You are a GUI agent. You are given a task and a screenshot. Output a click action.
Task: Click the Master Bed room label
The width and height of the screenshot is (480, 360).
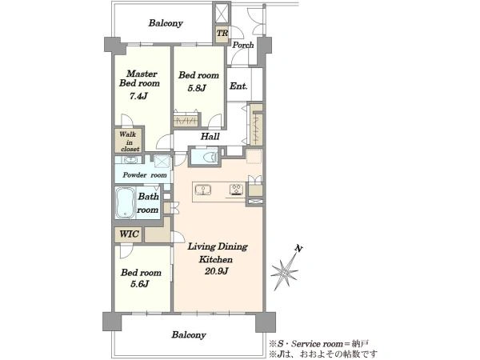point(139,78)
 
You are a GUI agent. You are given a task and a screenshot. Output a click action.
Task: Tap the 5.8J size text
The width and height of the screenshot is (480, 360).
point(197,88)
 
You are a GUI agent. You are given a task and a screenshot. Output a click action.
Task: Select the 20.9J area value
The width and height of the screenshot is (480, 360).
point(217,271)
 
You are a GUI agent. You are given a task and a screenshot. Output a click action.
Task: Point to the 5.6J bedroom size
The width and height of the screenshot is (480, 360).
point(139,284)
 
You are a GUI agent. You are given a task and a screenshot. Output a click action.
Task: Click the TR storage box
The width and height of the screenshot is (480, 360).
point(222,33)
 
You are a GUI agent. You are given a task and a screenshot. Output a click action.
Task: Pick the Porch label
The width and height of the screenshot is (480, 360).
point(243,45)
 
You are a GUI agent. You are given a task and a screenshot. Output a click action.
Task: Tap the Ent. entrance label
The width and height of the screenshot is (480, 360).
point(238,86)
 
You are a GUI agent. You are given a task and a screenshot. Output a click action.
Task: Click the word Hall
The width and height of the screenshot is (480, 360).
point(210,136)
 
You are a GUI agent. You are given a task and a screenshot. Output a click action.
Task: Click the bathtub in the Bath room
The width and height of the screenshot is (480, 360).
point(125,202)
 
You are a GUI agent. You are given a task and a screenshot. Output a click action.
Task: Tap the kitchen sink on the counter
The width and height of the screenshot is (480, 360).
point(203,190)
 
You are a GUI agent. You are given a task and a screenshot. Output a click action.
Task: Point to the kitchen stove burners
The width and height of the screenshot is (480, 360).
point(237,189)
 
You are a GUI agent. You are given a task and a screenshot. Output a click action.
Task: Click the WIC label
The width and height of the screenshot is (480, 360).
point(129,234)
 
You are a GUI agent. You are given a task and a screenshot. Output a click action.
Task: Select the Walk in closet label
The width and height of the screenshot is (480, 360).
point(129,142)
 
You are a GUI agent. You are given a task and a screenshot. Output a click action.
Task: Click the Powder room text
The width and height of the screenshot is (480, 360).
point(145,175)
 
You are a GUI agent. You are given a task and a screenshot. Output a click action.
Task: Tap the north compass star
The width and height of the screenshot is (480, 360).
point(284,271)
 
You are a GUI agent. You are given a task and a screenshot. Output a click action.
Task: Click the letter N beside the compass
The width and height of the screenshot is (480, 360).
point(298,248)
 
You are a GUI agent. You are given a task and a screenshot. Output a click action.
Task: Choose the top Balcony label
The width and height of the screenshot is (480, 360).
point(166,23)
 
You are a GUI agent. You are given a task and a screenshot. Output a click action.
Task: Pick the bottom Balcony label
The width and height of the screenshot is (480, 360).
point(189,335)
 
